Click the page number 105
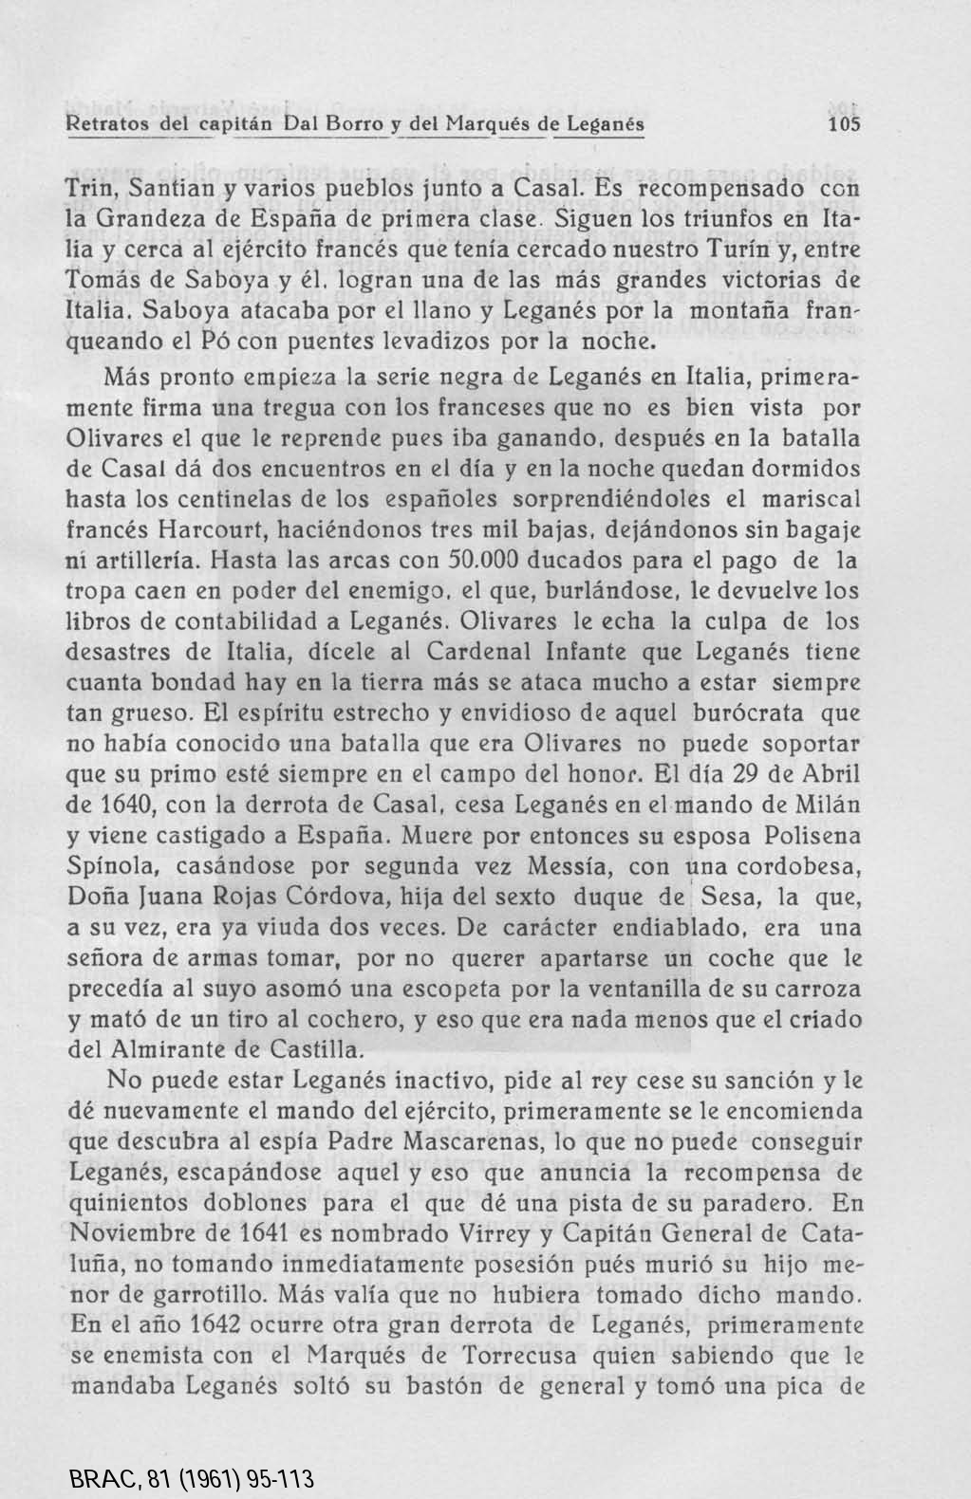click(843, 124)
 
